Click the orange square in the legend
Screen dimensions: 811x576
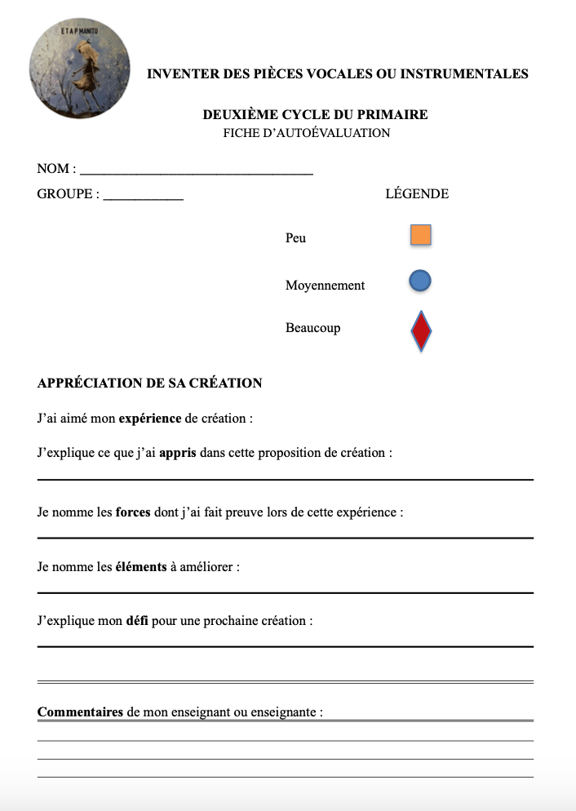pos(420,236)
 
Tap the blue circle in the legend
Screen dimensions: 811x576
pos(419,281)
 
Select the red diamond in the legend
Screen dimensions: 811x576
pos(420,331)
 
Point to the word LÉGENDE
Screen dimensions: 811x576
pos(416,194)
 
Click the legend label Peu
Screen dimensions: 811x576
pos(295,238)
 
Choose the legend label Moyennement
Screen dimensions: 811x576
pos(325,286)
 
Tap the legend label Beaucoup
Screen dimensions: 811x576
pos(312,328)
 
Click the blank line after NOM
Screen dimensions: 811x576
pos(196,172)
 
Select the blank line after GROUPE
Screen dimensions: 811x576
pos(143,197)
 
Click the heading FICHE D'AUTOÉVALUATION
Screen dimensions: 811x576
pos(307,133)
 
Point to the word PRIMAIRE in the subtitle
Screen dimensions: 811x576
pos(393,115)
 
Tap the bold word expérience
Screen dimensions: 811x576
pos(150,419)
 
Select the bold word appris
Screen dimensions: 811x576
pos(178,453)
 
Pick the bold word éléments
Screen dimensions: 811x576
pos(140,566)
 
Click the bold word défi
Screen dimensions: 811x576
pos(137,621)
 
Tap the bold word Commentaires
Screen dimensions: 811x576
pos(80,711)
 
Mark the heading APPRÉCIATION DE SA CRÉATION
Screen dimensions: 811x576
pos(149,383)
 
